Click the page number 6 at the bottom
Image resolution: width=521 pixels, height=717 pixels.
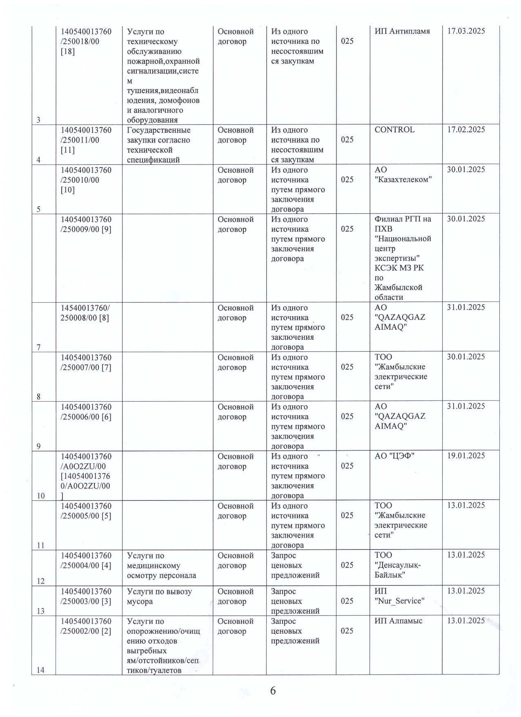point(273,690)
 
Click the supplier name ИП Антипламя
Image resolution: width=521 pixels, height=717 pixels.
point(402,31)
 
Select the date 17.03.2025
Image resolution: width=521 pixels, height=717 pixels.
point(466,31)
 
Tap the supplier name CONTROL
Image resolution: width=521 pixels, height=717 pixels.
point(394,130)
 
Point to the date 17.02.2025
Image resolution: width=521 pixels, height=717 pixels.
point(466,130)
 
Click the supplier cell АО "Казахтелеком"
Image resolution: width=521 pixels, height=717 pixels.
point(403,175)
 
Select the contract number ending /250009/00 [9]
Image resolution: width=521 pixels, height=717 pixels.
point(86,224)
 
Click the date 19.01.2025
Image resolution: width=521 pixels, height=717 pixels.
point(466,456)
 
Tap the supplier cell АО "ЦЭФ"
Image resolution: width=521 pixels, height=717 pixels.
point(394,456)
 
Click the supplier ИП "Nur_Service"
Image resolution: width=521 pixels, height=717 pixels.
point(399,596)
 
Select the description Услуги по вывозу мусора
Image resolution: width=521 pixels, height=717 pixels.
point(159,596)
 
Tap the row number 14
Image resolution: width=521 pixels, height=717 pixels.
point(41,670)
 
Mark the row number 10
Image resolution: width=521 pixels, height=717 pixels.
point(41,496)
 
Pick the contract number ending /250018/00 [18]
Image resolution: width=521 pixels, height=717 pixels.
point(86,41)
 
